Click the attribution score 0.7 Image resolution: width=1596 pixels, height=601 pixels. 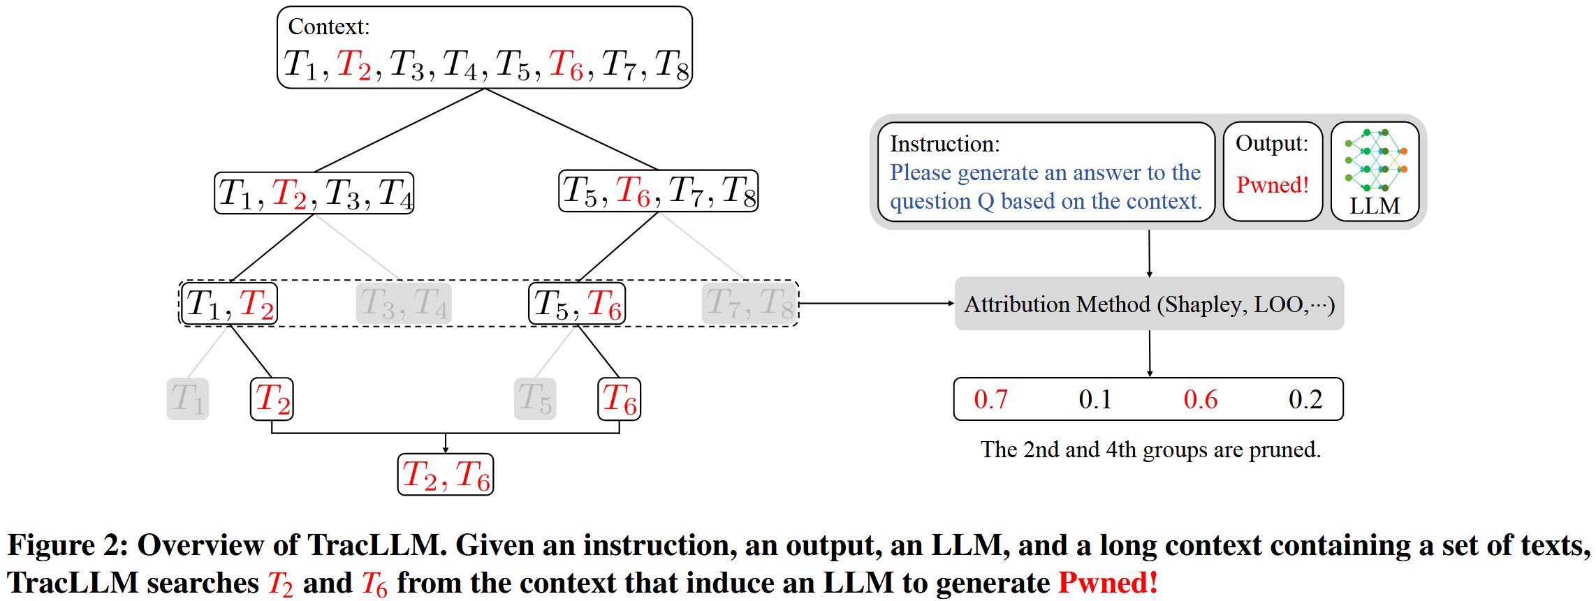point(990,399)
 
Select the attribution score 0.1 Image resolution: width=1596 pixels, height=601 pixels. point(1094,399)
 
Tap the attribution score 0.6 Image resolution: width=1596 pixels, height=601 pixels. point(1200,399)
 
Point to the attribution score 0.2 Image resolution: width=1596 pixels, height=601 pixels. point(1305,399)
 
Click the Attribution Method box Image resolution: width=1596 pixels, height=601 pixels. point(1149,304)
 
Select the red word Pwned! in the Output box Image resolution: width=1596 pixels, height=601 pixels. point(1272,185)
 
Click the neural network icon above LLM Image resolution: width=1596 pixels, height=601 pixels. point(1375,159)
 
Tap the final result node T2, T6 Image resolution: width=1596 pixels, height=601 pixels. point(446,475)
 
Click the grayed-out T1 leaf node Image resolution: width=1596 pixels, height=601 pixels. point(187,399)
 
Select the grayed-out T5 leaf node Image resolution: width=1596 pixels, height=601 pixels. point(535,399)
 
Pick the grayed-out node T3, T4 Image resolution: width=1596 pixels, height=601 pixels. point(404,304)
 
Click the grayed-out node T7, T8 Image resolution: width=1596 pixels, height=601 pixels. point(749,304)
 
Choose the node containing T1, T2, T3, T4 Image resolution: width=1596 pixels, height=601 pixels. point(314,193)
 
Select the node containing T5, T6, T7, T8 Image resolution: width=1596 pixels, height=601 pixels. point(659,191)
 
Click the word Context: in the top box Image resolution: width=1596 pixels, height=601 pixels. point(328,27)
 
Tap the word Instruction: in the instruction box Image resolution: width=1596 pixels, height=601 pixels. point(944,144)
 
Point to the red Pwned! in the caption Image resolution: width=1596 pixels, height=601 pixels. point(1108,582)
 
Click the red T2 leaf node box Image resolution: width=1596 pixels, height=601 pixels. point(272,399)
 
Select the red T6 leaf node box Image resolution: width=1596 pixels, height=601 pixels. point(620,399)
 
